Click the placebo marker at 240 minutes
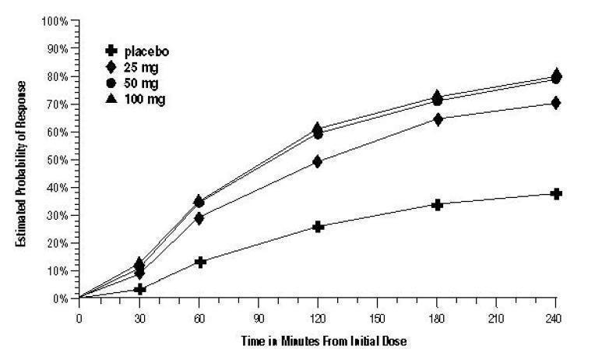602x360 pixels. pyautogui.click(x=556, y=193)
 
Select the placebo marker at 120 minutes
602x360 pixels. pyautogui.click(x=318, y=227)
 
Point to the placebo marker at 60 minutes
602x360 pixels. pyautogui.click(x=199, y=262)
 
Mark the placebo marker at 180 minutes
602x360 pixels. pyautogui.click(x=437, y=204)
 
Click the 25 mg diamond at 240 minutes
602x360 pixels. pyautogui.click(x=556, y=103)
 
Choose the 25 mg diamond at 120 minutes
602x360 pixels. pyautogui.click(x=318, y=161)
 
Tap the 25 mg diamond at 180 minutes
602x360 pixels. pyautogui.click(x=437, y=119)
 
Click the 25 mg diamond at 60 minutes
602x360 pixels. pyautogui.click(x=199, y=218)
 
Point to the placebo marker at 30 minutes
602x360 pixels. pyautogui.click(x=139, y=289)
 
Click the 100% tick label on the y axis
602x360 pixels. pyautogui.click(x=58, y=20)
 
